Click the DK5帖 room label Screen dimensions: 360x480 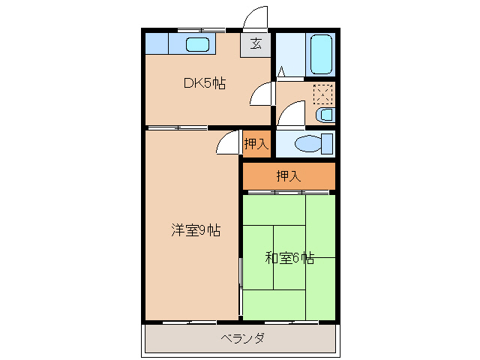pyautogui.click(x=205, y=83)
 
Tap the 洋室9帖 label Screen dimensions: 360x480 pyautogui.click(x=195, y=230)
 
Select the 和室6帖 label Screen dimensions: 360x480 pyautogui.click(x=289, y=258)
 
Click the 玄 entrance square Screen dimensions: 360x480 pyautogui.click(x=256, y=43)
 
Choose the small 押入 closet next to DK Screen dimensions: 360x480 pyautogui.click(x=256, y=143)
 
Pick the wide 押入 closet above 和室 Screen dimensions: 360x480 pyautogui.click(x=288, y=176)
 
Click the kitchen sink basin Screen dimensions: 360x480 pyautogui.click(x=197, y=44)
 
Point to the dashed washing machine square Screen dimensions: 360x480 pyautogui.click(x=323, y=94)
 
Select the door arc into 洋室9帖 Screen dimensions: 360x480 pyautogui.click(x=227, y=142)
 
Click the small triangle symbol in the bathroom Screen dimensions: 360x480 pyautogui.click(x=281, y=72)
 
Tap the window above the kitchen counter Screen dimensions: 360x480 pyautogui.click(x=201, y=29)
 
